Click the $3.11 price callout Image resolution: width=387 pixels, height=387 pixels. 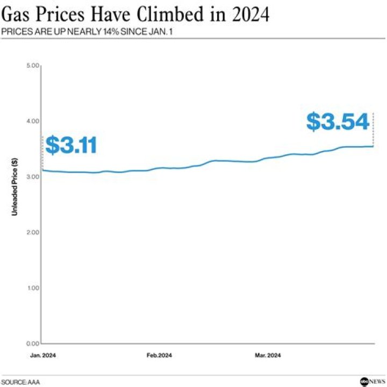71,146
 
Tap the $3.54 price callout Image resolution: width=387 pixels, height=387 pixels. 338,122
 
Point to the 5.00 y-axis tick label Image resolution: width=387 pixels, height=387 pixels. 33,66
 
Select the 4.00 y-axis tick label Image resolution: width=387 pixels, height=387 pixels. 33,121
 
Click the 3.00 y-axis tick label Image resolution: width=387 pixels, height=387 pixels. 33,177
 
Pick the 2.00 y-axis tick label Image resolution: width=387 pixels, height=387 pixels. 33,232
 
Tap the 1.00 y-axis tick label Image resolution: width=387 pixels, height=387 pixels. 33,288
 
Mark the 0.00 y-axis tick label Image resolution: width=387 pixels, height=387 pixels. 33,343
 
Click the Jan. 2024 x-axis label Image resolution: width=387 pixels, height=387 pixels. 42,356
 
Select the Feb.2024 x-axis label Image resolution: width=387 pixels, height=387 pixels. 160,356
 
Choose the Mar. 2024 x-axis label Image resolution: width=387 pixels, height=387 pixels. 267,356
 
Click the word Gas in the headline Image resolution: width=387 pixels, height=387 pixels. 19,15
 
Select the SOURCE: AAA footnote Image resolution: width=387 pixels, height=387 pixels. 20,382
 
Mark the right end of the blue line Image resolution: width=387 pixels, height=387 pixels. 374,146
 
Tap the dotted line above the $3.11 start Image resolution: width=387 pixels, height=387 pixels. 42,153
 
